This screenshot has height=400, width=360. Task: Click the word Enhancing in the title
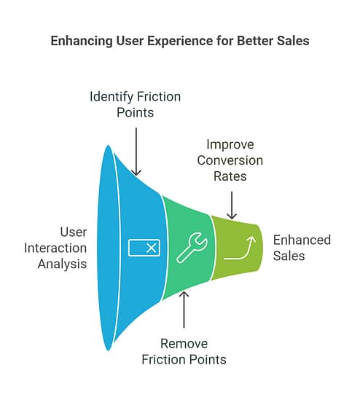(x=82, y=41)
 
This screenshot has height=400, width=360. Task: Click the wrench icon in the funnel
(x=192, y=247)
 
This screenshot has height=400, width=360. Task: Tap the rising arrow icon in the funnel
(x=240, y=248)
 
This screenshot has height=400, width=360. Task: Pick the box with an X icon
(x=144, y=248)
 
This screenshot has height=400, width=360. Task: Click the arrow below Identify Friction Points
(x=136, y=152)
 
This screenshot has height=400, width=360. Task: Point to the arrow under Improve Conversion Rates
(x=232, y=205)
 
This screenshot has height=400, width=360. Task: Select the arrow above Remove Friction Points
(x=184, y=310)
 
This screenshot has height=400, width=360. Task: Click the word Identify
(x=111, y=97)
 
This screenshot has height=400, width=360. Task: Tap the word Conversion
(x=230, y=160)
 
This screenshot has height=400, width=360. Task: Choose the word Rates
(x=230, y=176)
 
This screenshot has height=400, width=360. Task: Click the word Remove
(x=184, y=344)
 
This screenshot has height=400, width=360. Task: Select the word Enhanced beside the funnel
(x=302, y=240)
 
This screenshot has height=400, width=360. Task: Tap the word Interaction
(x=55, y=248)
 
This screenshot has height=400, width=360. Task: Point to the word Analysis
(x=62, y=264)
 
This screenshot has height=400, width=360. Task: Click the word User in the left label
(x=74, y=232)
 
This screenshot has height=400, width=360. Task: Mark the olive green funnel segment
(x=236, y=248)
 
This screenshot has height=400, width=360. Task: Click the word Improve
(x=230, y=145)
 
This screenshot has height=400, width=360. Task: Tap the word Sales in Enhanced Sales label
(x=289, y=256)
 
